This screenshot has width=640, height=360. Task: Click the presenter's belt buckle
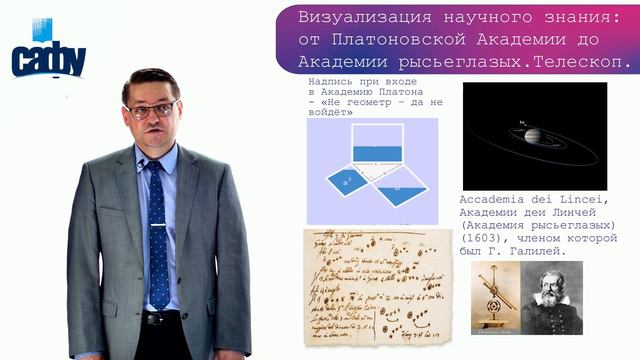click(157, 318)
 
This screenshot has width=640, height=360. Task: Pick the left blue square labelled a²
click(347, 183)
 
